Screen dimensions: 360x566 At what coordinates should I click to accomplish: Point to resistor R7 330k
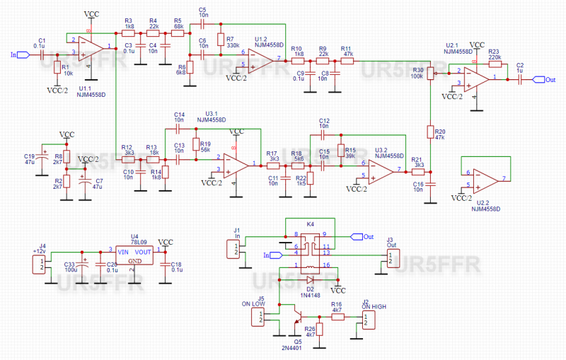tap(220, 40)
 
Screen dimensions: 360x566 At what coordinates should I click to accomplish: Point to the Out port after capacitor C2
tap(540, 80)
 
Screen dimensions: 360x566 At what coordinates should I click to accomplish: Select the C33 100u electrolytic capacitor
tap(83, 260)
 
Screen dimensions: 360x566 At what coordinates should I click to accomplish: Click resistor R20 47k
tap(429, 132)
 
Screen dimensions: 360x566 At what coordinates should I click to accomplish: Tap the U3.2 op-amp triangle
tap(382, 170)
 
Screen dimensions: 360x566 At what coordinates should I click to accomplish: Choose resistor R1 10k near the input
tap(57, 68)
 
